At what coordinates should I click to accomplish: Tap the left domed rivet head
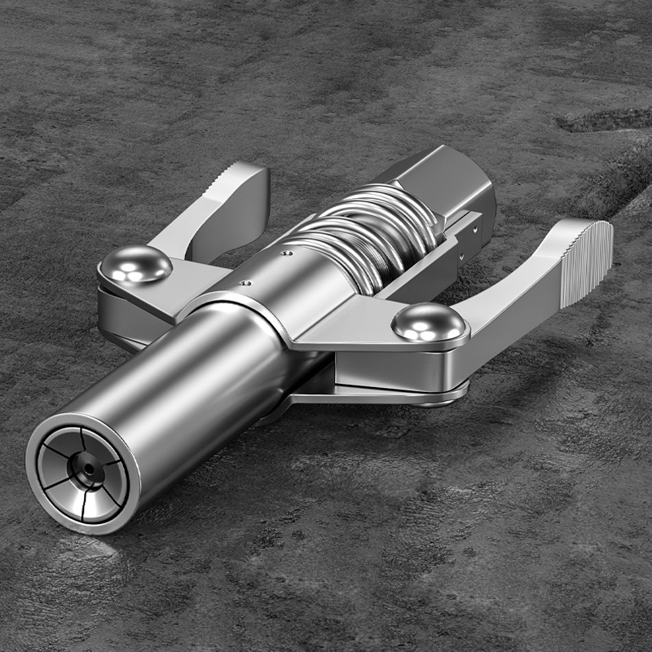click(x=135, y=264)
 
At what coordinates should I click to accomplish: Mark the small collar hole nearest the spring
click(x=286, y=253)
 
